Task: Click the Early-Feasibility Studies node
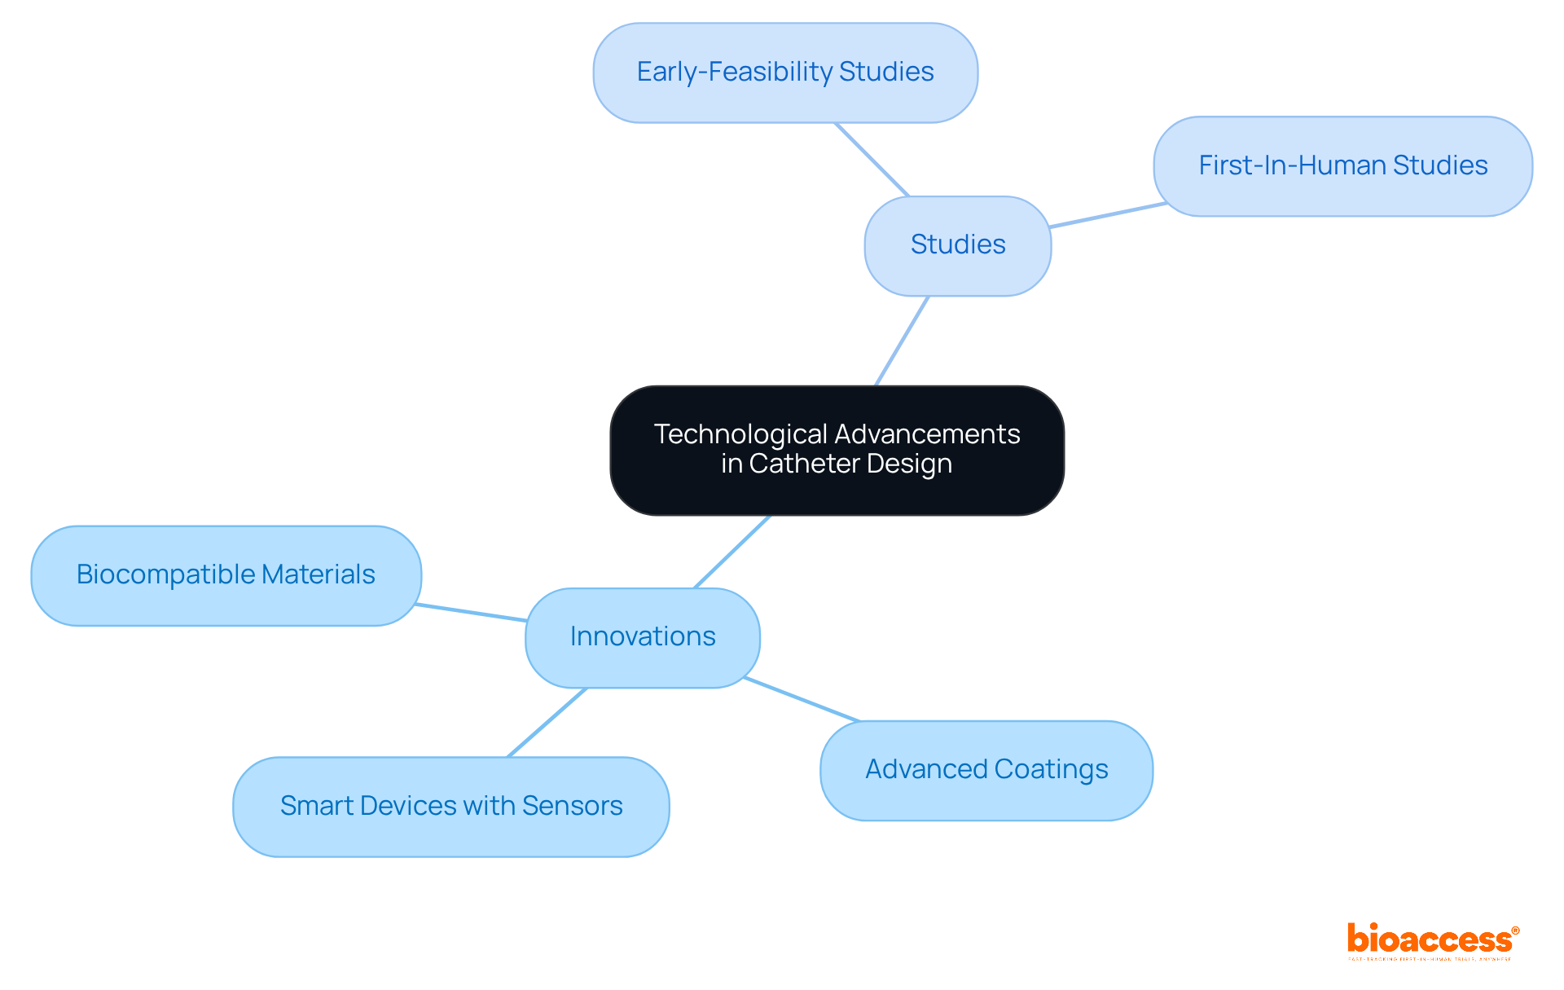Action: [x=785, y=73]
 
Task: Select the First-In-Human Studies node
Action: [x=1342, y=166]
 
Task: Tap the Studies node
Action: [x=957, y=245]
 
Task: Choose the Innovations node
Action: [x=642, y=637]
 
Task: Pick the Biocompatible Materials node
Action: [x=226, y=575]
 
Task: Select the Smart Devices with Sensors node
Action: [x=450, y=807]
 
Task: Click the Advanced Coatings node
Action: [x=986, y=770]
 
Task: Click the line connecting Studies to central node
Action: [x=902, y=341]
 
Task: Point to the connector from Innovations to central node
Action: [x=731, y=552]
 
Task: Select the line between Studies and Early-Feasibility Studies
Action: [x=872, y=160]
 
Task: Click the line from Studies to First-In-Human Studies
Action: [x=1108, y=215]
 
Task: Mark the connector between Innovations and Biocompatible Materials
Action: [x=471, y=613]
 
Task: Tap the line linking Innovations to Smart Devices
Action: [x=547, y=723]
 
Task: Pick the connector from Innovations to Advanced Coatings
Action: [x=802, y=699]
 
